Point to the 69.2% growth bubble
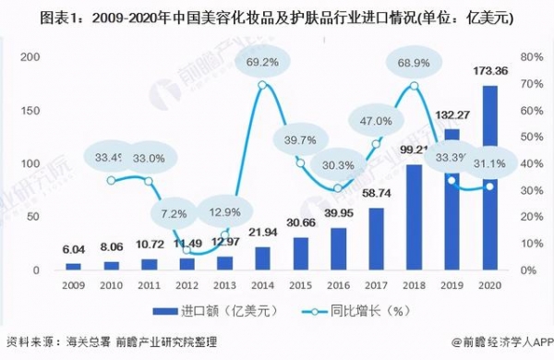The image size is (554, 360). click(263, 63)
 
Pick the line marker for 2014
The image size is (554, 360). click(263, 86)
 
